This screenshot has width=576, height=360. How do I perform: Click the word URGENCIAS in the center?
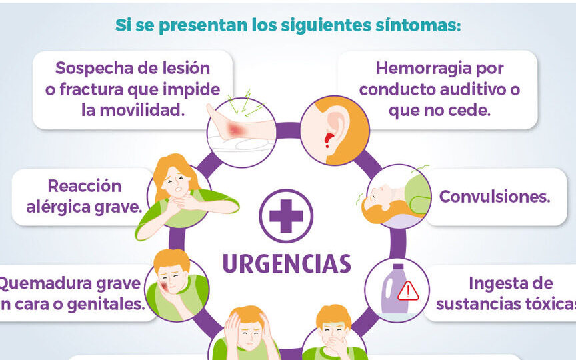(x=287, y=263)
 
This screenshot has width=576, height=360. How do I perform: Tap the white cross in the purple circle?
(x=287, y=215)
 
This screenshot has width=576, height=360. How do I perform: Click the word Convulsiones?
(x=494, y=197)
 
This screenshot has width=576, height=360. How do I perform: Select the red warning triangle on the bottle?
(x=407, y=291)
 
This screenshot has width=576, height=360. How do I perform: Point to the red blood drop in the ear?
(x=328, y=139)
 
